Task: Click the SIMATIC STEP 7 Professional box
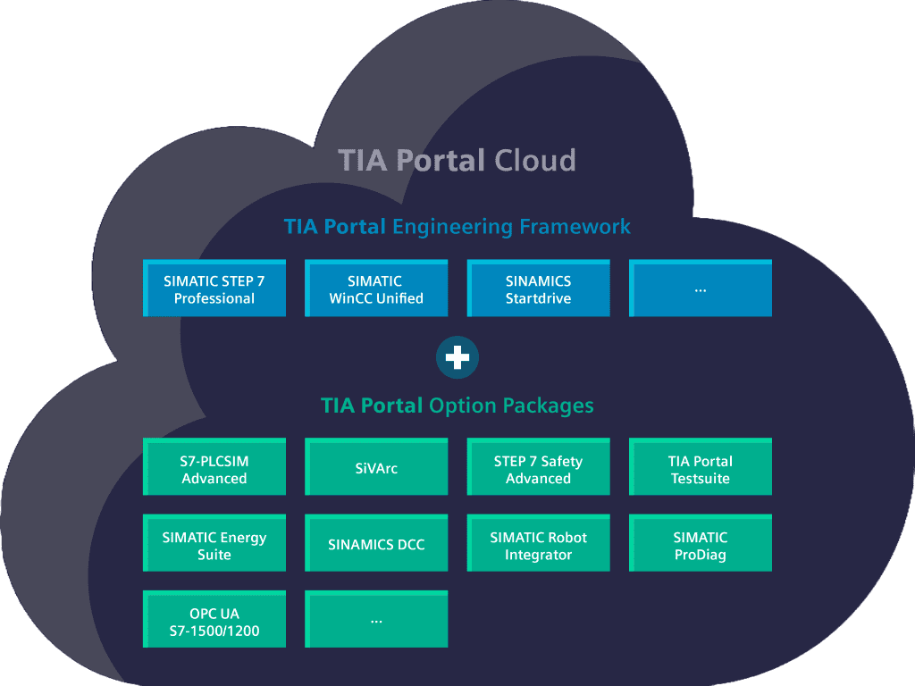tap(214, 289)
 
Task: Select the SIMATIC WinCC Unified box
tap(376, 289)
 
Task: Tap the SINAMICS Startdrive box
tap(538, 289)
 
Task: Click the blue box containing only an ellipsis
tap(700, 289)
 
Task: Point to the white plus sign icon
tap(457, 358)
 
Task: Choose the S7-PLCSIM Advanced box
tap(214, 467)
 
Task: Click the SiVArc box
tap(376, 467)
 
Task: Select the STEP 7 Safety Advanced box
tap(538, 467)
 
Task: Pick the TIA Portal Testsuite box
tap(700, 467)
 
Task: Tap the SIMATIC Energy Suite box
tap(214, 544)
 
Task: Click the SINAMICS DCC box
tap(376, 544)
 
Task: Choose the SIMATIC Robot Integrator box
tap(538, 544)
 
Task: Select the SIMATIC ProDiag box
tap(700, 544)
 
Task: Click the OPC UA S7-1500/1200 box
tap(214, 620)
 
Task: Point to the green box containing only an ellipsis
tap(376, 620)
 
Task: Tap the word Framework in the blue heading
tap(576, 227)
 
